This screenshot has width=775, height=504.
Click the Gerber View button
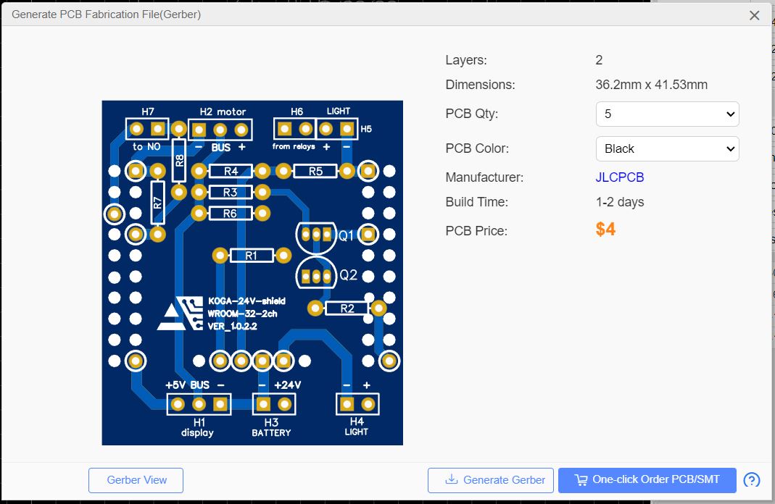[x=136, y=480]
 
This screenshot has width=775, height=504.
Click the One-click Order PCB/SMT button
[x=647, y=479]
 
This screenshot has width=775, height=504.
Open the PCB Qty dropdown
[x=667, y=114]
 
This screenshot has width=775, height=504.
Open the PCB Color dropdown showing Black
[x=667, y=148]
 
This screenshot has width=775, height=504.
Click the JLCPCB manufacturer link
[x=619, y=177]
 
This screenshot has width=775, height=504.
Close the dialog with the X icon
[x=754, y=15]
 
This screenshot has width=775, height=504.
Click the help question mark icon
[x=752, y=480]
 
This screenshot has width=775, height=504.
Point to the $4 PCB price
[x=605, y=230]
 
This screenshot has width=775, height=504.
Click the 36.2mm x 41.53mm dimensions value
[x=651, y=85]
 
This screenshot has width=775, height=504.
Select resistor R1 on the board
[x=251, y=256]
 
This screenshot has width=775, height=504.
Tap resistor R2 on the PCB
[x=347, y=308]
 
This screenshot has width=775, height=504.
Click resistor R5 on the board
[x=315, y=172]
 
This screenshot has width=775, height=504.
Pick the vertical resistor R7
[x=157, y=202]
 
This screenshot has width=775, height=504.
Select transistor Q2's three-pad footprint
[x=315, y=276]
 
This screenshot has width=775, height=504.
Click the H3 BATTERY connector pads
[x=274, y=403]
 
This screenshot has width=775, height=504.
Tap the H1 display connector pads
[x=199, y=403]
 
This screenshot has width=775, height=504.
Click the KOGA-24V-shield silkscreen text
[x=246, y=301]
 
